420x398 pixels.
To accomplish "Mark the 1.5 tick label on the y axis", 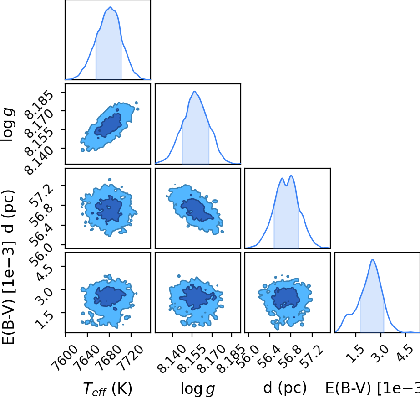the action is (44, 320).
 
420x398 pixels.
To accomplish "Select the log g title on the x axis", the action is (197, 388).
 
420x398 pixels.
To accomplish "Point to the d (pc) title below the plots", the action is (285, 388).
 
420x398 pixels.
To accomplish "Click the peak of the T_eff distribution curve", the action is (110, 7).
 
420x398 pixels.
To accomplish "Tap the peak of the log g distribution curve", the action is (195, 92).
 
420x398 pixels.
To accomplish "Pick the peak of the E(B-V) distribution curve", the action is (373, 259).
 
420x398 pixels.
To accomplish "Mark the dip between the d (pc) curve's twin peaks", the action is (287, 186).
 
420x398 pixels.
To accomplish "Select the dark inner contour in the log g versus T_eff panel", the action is (108, 125).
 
